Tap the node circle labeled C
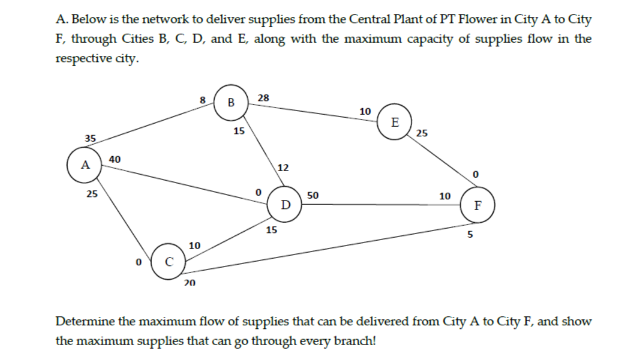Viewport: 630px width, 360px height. [x=169, y=262]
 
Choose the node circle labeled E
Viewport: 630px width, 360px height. [x=394, y=122]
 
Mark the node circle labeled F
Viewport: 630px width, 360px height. [x=476, y=205]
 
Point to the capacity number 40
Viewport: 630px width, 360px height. [x=115, y=158]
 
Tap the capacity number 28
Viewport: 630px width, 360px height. [x=263, y=97]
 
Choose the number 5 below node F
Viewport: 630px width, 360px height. [x=470, y=235]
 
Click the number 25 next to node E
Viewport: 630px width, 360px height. [x=422, y=133]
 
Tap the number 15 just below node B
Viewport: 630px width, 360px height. [x=239, y=130]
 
